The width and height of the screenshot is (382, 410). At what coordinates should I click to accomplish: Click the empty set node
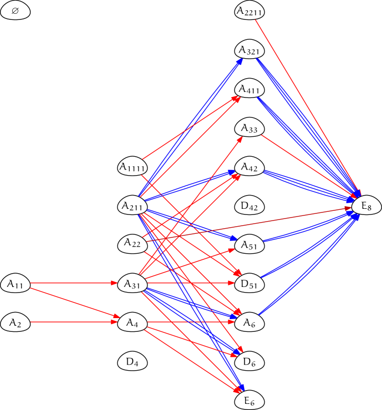pos(15,11)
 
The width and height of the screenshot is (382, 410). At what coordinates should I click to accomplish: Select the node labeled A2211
pos(250,11)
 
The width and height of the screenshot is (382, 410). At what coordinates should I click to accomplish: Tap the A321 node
pos(250,51)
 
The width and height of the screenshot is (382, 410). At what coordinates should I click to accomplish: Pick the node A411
pos(250,89)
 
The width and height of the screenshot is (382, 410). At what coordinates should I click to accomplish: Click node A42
pos(250,167)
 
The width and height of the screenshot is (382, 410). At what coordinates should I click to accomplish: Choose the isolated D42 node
pos(250,206)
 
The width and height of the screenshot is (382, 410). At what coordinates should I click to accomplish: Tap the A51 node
pos(250,245)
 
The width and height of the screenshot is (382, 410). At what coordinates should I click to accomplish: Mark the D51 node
pos(250,284)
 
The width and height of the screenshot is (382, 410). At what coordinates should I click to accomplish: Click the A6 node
pos(250,323)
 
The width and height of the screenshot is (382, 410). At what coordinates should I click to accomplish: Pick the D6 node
pos(250,362)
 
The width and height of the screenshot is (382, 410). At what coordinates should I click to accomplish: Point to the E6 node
pos(250,401)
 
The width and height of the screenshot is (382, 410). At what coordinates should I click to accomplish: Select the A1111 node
pos(133,167)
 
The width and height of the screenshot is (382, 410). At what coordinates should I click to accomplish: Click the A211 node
pos(133,206)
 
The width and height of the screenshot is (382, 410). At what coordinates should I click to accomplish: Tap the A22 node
pos(133,244)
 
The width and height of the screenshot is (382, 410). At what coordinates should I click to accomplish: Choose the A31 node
pos(133,284)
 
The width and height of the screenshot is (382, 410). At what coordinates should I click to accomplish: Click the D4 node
pos(133,362)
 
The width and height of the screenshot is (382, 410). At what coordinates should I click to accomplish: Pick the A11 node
pos(15,284)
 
